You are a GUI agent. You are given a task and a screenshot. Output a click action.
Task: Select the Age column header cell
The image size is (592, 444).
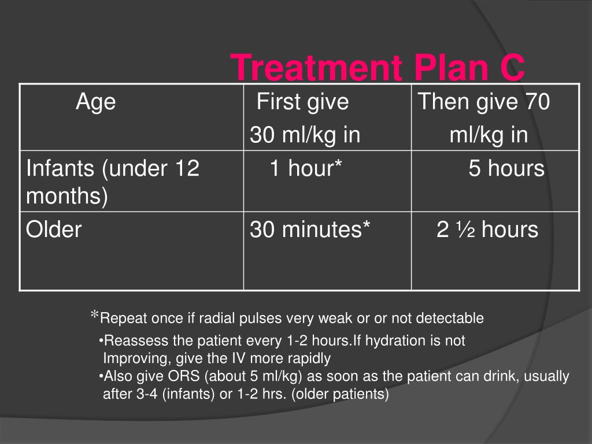tap(95, 102)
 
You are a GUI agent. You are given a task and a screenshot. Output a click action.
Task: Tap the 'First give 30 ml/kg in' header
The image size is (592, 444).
tap(305, 119)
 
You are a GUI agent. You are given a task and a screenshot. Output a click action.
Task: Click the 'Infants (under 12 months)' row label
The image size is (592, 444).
tap(113, 182)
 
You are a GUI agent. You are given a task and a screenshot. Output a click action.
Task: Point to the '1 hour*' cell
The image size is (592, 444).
tap(306, 169)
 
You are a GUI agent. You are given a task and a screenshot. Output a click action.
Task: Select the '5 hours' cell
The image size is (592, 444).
tap(506, 169)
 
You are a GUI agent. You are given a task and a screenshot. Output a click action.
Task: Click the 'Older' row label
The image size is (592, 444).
tap(54, 230)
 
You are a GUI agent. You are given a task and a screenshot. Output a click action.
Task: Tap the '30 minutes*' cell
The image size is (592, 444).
tap(310, 230)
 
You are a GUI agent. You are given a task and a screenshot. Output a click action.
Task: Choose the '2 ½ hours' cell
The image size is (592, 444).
tap(487, 230)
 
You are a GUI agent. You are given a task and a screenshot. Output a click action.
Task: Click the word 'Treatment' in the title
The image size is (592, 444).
tap(310, 68)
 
